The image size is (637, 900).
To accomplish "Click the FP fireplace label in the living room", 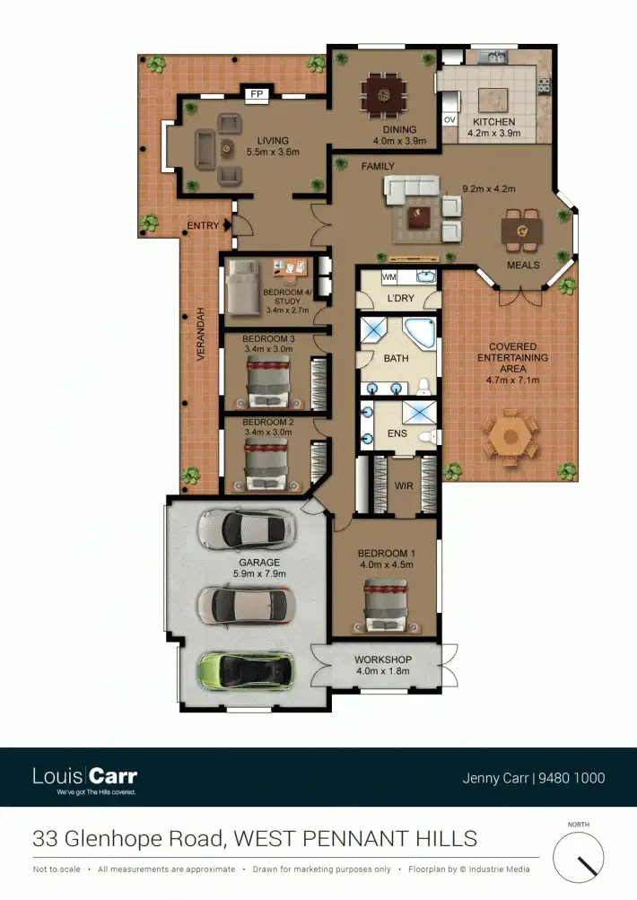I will coord(257,93).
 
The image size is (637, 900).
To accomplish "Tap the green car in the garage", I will coord(247,669).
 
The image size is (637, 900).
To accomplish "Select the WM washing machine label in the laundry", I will coord(389,276).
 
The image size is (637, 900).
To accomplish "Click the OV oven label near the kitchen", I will coord(449,119).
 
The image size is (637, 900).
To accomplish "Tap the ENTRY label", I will coord(203,226).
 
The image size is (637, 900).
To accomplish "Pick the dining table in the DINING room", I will coord(384,93).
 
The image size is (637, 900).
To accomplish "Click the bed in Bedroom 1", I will coord(386,604).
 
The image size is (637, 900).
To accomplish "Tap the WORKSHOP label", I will coord(384,660).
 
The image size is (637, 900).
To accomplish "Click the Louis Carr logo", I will coord(84,777).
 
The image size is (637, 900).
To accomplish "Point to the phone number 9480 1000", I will coord(572,778).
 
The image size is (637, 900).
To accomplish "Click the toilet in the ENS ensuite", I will coord(432,437).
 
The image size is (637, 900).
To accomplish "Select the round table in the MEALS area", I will coord(521,232).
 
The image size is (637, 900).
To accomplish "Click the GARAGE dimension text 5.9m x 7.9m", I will coord(258,574).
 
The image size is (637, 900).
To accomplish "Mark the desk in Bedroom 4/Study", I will coord(289,267).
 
